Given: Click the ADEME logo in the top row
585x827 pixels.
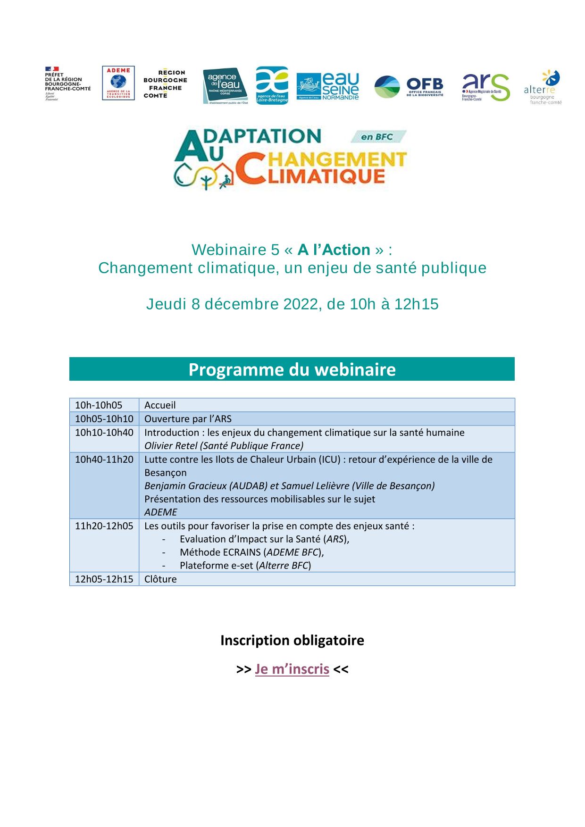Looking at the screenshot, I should pyautogui.click(x=118, y=83).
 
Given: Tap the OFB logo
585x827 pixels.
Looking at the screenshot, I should pyautogui.click(x=409, y=87).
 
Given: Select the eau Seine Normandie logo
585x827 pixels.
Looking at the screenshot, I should pyautogui.click(x=327, y=86).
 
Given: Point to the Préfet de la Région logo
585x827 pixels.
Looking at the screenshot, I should pyautogui.click(x=67, y=84).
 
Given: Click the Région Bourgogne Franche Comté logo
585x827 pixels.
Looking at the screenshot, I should pyautogui.click(x=165, y=84).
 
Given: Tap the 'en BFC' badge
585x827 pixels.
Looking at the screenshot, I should pyautogui.click(x=377, y=137).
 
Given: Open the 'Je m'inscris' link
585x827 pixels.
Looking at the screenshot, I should pyautogui.click(x=292, y=669).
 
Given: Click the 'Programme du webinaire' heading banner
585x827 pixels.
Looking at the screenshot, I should pyautogui.click(x=292, y=369).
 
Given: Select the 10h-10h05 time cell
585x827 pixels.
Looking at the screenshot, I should pyautogui.click(x=99, y=405).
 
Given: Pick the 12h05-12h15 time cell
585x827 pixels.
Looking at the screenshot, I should pyautogui.click(x=104, y=579).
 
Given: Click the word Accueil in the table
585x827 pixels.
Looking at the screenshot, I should pyautogui.click(x=160, y=405).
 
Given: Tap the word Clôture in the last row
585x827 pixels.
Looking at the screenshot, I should pyautogui.click(x=160, y=579).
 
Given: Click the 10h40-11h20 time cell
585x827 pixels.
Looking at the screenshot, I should pyautogui.click(x=104, y=459).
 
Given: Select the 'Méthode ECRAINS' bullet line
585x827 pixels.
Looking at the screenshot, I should pyautogui.click(x=251, y=552).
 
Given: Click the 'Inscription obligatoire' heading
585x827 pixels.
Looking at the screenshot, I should pyautogui.click(x=292, y=640).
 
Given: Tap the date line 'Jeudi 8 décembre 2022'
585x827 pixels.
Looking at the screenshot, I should pyautogui.click(x=292, y=304).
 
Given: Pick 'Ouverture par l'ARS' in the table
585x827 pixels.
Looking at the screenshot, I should pyautogui.click(x=188, y=419).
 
